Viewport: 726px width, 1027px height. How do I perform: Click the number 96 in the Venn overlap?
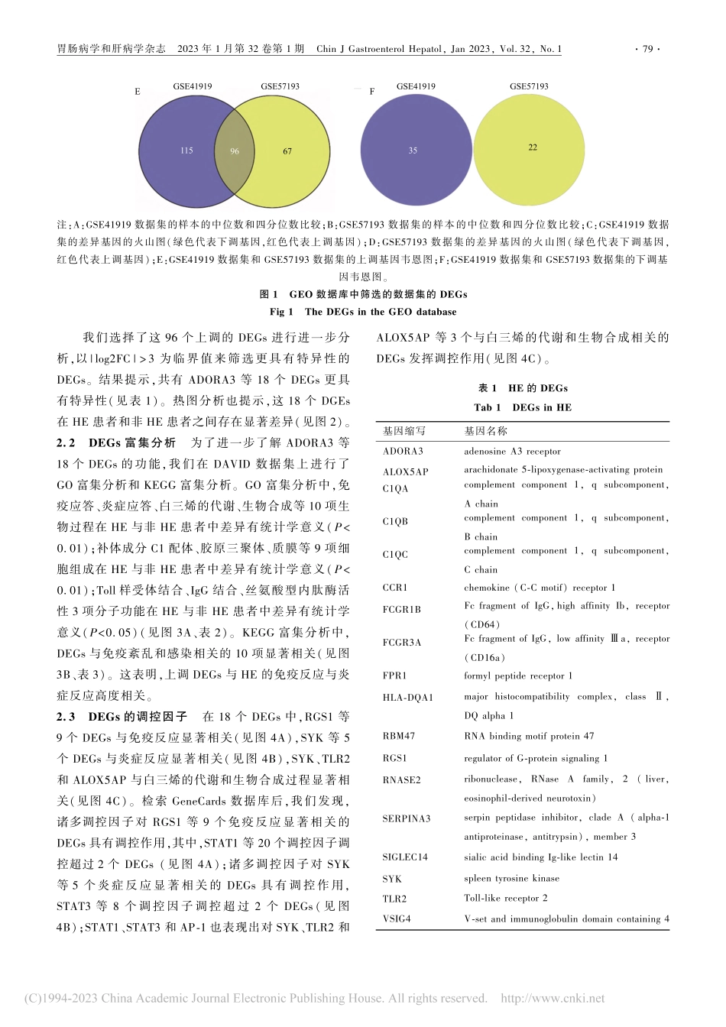pyautogui.click(x=235, y=151)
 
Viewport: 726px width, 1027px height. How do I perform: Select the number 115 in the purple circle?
pyautogui.click(x=186, y=151)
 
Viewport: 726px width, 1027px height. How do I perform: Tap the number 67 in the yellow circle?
pyautogui.click(x=287, y=151)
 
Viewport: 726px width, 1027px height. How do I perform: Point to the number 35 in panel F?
pyautogui.click(x=413, y=151)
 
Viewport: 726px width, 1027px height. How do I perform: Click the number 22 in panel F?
pyautogui.click(x=533, y=147)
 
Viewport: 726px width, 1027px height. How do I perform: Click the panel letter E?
pyautogui.click(x=138, y=92)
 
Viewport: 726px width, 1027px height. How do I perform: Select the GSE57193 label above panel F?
pyautogui.click(x=529, y=86)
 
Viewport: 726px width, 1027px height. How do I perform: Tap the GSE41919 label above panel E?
pyautogui.click(x=193, y=86)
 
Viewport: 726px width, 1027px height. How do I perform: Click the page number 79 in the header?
pyautogui.click(x=647, y=49)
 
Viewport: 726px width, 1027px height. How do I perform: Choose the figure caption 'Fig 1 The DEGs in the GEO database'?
pyautogui.click(x=363, y=312)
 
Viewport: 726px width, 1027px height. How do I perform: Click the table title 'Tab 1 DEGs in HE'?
pyautogui.click(x=523, y=407)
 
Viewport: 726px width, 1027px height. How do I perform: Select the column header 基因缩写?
pyautogui.click(x=404, y=432)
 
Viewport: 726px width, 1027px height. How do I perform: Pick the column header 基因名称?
pyautogui.click(x=485, y=432)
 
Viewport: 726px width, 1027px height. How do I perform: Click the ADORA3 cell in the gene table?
pyautogui.click(x=403, y=452)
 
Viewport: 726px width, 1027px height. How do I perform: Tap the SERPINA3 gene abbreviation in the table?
pyautogui.click(x=407, y=818)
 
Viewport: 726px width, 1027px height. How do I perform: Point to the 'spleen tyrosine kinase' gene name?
pyautogui.click(x=512, y=879)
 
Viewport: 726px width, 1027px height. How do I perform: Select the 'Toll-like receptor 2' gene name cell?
pyautogui.click(x=506, y=899)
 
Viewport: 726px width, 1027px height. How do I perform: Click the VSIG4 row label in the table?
pyautogui.click(x=397, y=918)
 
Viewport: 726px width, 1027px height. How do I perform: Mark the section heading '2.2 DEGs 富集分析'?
pyautogui.click(x=116, y=442)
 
